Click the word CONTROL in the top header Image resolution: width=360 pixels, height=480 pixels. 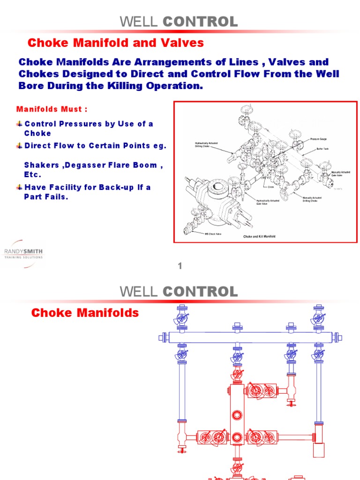(200, 21)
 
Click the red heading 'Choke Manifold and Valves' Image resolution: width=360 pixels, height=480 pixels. (116, 43)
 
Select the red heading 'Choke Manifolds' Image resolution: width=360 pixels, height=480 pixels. (85, 313)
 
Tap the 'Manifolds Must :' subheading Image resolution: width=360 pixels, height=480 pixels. (52, 109)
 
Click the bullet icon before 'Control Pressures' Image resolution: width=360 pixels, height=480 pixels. (19, 124)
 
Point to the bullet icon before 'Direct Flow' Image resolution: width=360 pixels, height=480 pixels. (19, 145)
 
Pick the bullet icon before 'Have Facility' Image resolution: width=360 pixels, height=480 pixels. (19, 187)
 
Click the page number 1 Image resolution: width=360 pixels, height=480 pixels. (179, 266)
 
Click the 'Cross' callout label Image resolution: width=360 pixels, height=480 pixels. (271, 187)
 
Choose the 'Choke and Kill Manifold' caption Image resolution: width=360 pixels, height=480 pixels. (259, 236)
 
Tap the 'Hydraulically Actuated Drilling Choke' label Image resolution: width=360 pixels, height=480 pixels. (206, 145)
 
